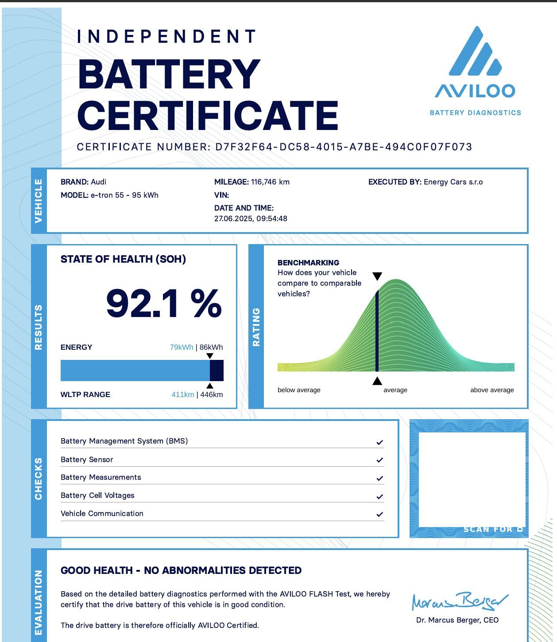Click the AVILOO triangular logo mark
click(x=475, y=52)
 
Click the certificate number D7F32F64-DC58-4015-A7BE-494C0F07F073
click(x=344, y=147)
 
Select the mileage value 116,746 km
click(x=270, y=182)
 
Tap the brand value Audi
click(x=98, y=182)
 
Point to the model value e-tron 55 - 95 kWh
click(x=124, y=195)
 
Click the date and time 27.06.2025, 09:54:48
click(x=251, y=218)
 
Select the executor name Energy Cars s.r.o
click(x=453, y=182)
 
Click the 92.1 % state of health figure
click(x=164, y=304)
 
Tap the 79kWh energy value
click(x=182, y=347)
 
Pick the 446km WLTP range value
click(x=212, y=394)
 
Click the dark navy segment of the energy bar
click(x=217, y=371)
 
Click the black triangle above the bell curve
click(x=377, y=276)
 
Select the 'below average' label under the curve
click(x=299, y=390)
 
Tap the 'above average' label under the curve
click(x=492, y=390)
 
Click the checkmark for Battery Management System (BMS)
click(x=379, y=442)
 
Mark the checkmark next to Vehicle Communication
click(x=379, y=514)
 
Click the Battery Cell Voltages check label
click(x=97, y=495)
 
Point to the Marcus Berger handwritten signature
click(x=460, y=601)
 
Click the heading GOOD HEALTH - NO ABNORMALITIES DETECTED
click(x=181, y=570)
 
